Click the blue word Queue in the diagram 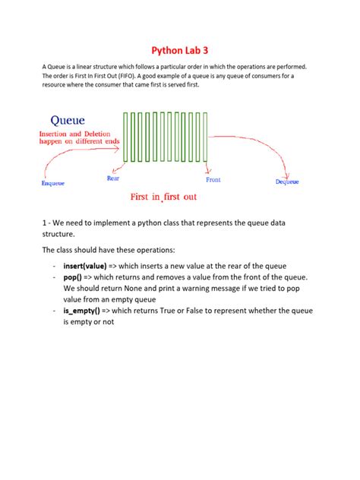[68, 120]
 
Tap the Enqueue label [52, 183]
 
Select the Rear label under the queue [112, 178]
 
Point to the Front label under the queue [213, 180]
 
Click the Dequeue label [286, 182]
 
